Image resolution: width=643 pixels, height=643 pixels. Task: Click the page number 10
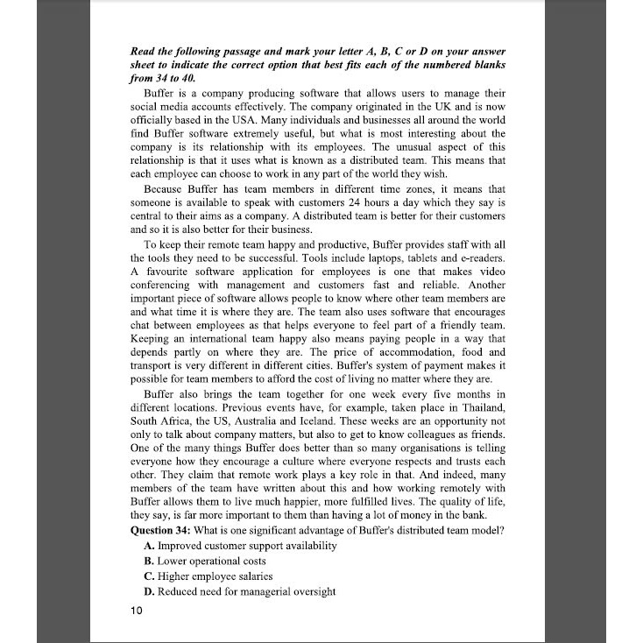click(x=136, y=611)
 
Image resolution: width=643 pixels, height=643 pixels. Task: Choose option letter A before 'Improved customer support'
click(x=148, y=546)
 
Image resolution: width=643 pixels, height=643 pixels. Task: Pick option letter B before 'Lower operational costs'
click(x=148, y=561)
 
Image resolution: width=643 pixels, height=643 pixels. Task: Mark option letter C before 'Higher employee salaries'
click(x=148, y=576)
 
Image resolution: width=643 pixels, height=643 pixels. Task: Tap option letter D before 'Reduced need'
click(x=148, y=592)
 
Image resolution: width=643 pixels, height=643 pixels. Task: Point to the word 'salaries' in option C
click(x=251, y=576)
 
